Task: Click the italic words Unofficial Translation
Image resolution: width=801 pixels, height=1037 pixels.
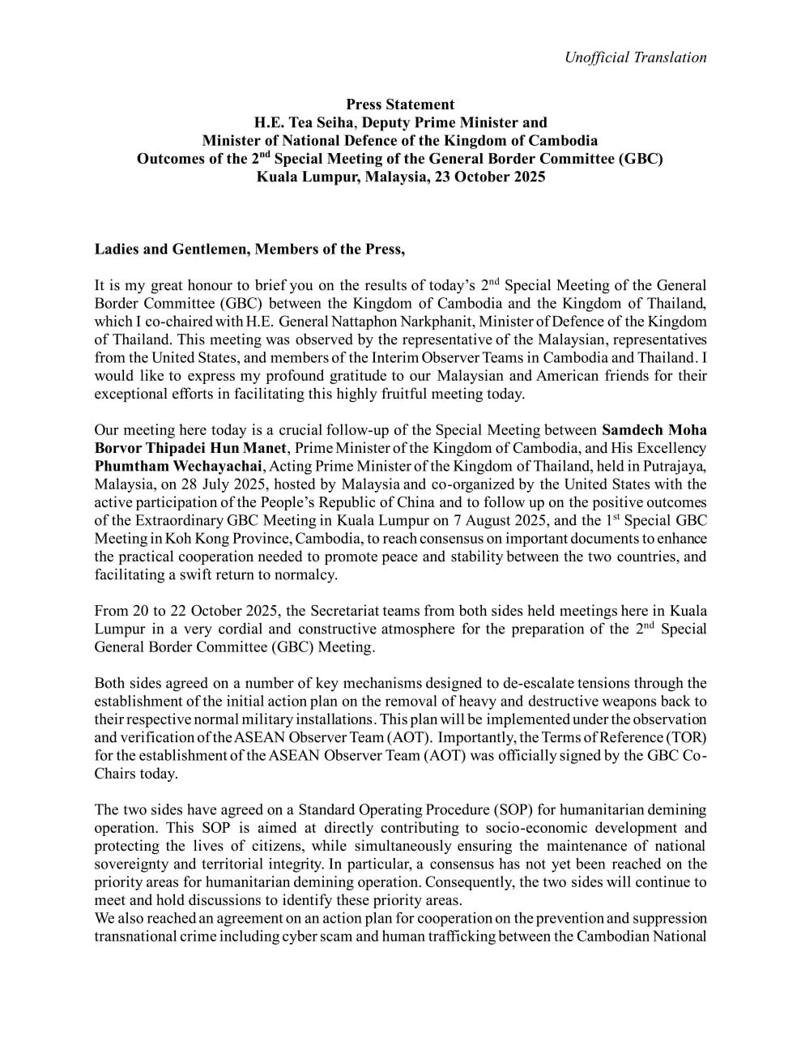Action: click(635, 57)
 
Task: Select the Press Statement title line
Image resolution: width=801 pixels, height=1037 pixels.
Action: click(400, 105)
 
